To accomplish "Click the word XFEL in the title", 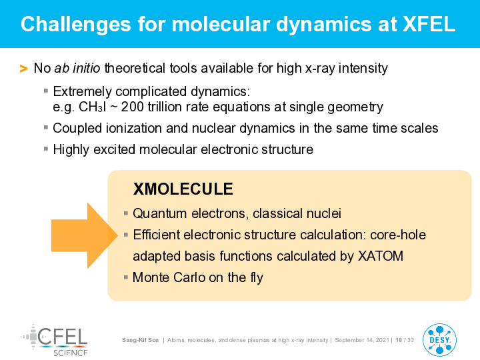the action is point(429,24).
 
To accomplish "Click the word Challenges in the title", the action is point(75,25).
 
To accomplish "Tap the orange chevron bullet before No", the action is point(23,68).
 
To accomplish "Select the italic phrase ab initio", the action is point(77,68).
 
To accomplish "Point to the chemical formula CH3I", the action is point(92,107).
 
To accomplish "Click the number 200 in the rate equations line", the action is point(132,107).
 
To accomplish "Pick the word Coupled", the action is point(77,128).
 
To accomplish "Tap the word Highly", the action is point(71,150).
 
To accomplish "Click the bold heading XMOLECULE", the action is point(183,189).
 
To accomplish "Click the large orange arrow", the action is point(85,235).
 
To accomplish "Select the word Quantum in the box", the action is point(159,213).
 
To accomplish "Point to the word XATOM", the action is point(381,256).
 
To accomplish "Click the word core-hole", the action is point(398,235).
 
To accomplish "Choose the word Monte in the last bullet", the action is point(151,277).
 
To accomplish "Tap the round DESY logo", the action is point(439,340).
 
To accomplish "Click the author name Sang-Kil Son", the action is point(140,340).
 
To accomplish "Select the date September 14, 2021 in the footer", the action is point(362,340).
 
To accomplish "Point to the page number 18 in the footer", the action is point(399,340).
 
